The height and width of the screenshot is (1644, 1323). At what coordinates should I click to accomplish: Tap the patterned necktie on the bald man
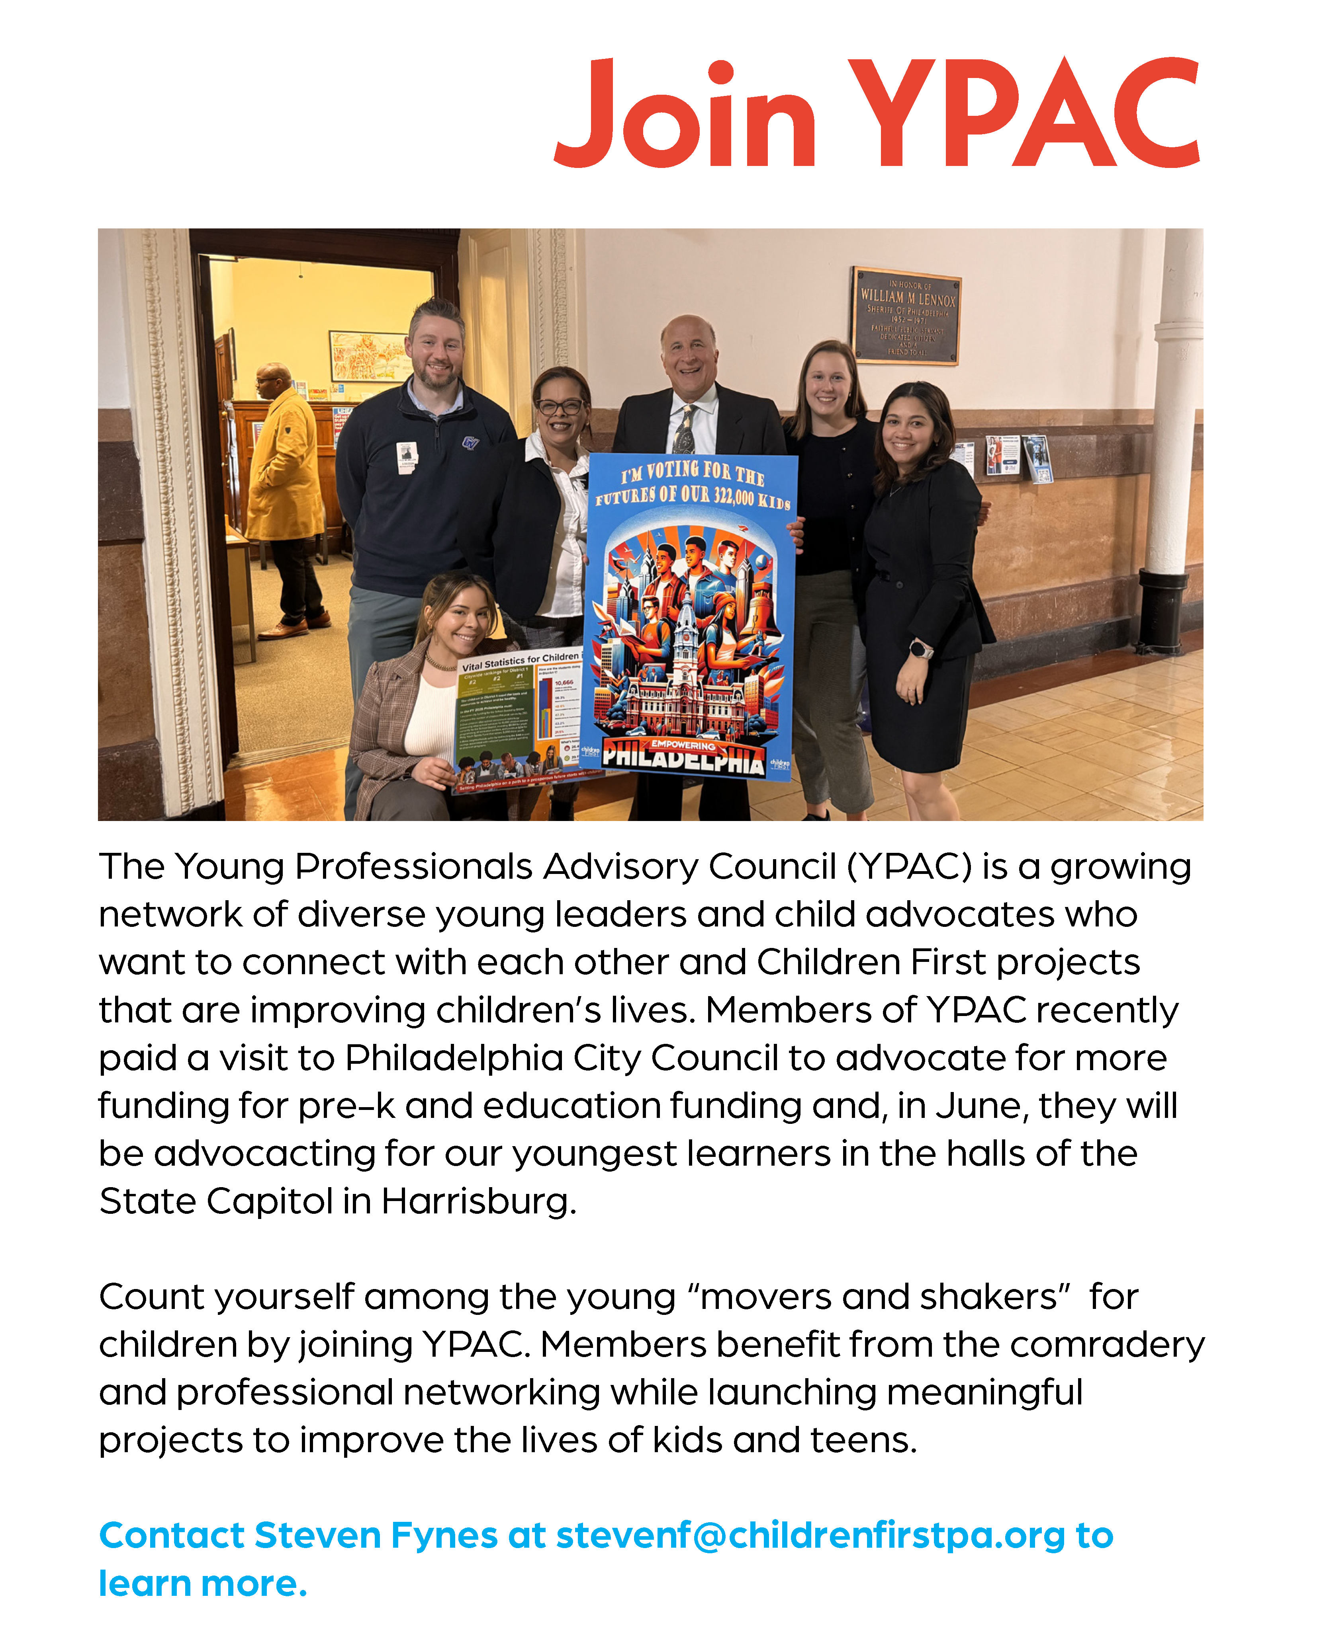click(x=684, y=431)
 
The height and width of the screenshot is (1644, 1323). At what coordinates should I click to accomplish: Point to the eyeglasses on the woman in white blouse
click(x=561, y=406)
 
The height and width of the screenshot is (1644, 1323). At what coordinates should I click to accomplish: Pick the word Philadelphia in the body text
click(x=454, y=1058)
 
